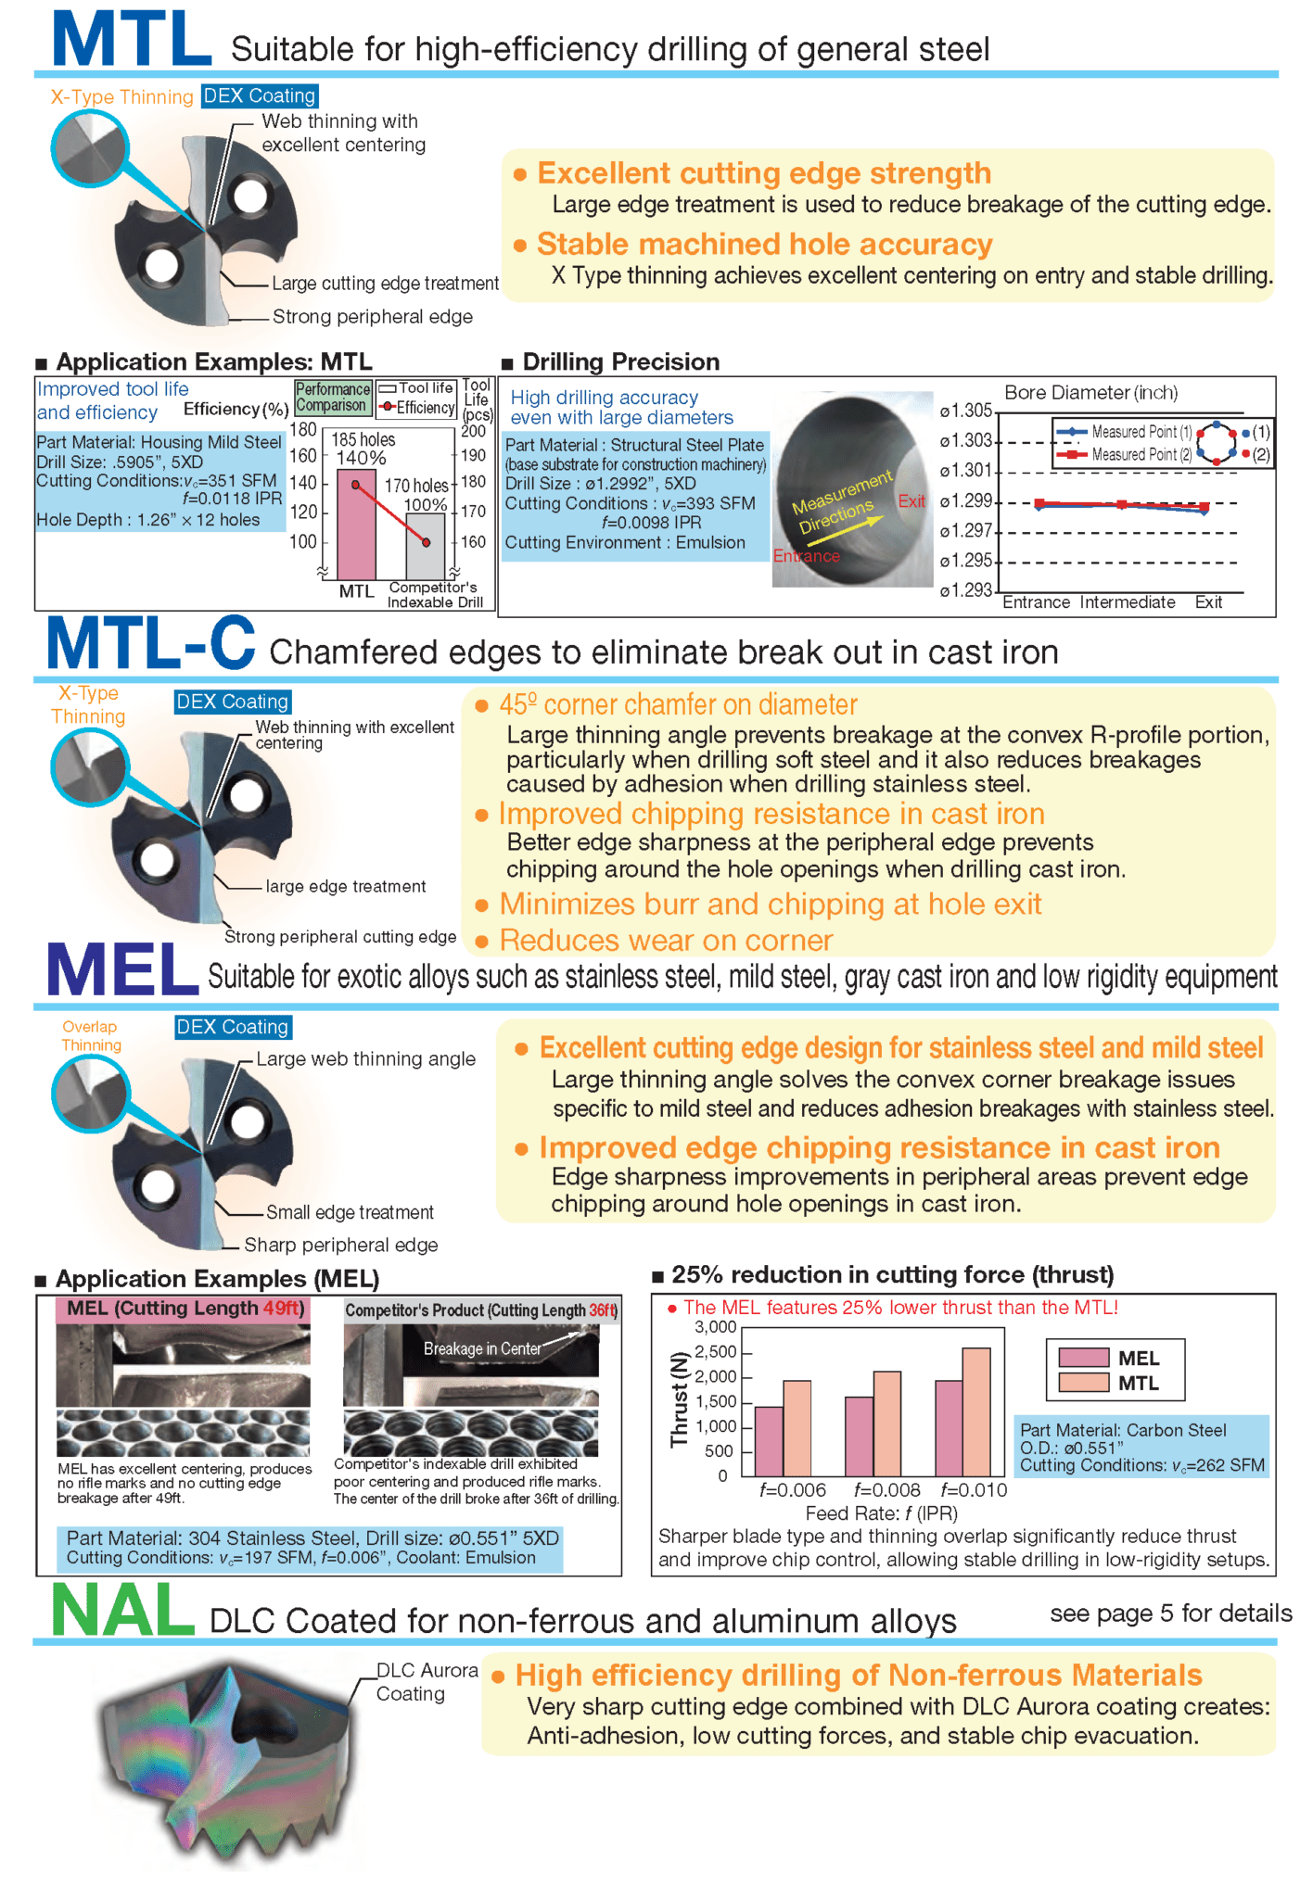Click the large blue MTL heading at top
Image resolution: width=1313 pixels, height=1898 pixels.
pyautogui.click(x=131, y=40)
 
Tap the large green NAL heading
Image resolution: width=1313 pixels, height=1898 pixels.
pyautogui.click(x=122, y=1611)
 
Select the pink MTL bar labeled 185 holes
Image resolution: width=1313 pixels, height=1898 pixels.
pyautogui.click(x=356, y=525)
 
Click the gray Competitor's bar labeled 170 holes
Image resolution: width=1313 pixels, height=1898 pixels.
pyautogui.click(x=426, y=547)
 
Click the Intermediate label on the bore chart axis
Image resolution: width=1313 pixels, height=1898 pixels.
pyautogui.click(x=1127, y=602)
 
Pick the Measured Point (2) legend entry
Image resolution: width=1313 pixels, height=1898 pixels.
pyautogui.click(x=1125, y=455)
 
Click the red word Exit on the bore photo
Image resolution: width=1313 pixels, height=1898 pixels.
pyautogui.click(x=911, y=501)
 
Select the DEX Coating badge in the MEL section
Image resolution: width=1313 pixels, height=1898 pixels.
pyautogui.click(x=233, y=1027)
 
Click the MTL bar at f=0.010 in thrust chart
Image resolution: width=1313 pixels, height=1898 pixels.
pyautogui.click(x=976, y=1411)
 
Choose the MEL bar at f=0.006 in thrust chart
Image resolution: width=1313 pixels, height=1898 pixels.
pyautogui.click(x=769, y=1441)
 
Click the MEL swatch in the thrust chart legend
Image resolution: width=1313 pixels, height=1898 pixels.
pyautogui.click(x=1084, y=1358)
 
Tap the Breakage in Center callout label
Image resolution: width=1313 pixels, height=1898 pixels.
pyautogui.click(x=482, y=1348)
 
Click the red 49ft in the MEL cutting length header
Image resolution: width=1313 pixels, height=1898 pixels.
pyautogui.click(x=282, y=1308)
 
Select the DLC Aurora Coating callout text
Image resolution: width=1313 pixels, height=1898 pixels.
pyautogui.click(x=427, y=1681)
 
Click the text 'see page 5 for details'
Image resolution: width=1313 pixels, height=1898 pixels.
pyautogui.click(x=1170, y=1613)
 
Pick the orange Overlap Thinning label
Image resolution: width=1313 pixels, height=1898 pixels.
pyautogui.click(x=91, y=1035)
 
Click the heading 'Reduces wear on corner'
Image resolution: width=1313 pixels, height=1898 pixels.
pyautogui.click(x=666, y=940)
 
